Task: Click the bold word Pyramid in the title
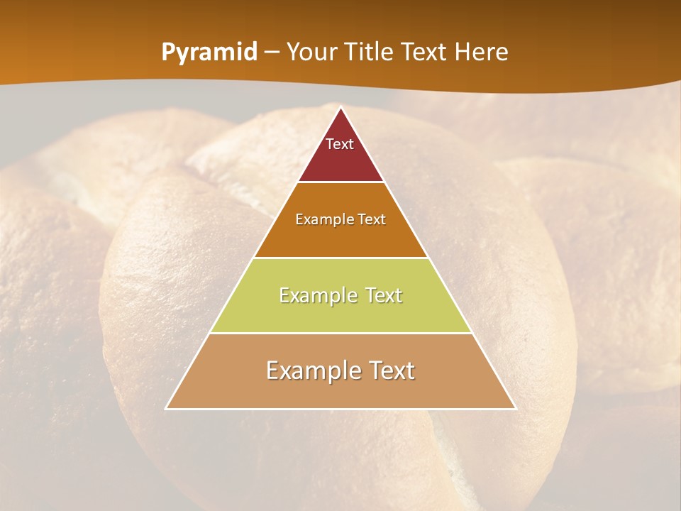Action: pos(209,53)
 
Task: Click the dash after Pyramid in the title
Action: pos(271,53)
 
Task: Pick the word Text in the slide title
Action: pos(426,53)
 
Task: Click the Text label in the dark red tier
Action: pos(340,144)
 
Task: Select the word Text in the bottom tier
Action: pos(389,370)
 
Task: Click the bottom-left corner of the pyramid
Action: pos(166,409)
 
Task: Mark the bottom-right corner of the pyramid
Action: pos(516,409)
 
